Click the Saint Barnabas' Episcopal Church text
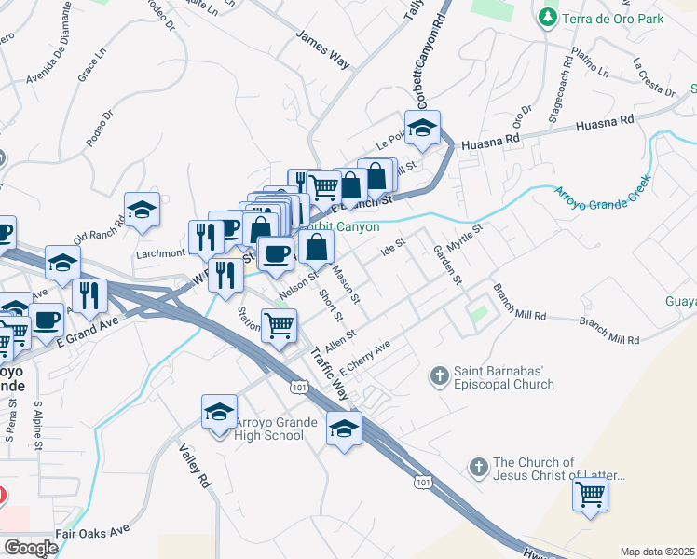click(504, 377)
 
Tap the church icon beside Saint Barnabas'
click(440, 376)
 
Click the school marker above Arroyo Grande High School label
click(219, 411)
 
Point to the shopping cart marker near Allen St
click(280, 326)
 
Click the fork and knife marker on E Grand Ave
click(89, 295)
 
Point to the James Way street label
click(322, 50)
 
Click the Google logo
click(30, 547)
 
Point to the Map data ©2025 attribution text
click(657, 552)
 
